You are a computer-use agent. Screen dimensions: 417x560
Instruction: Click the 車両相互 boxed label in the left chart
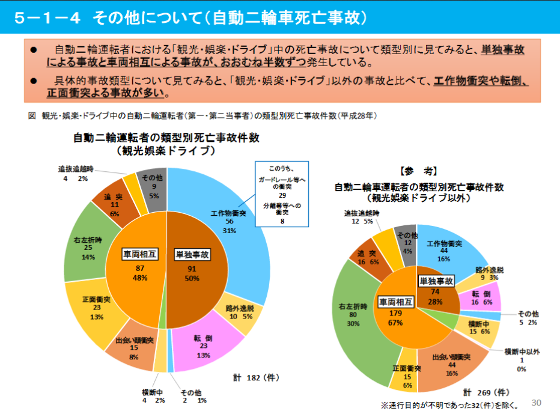coord(140,254)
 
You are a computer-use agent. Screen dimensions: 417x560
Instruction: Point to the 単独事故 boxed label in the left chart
coord(192,254)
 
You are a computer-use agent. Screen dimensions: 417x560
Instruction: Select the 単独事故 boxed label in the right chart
coord(436,281)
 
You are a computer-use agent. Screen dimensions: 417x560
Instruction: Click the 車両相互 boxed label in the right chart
coord(394,300)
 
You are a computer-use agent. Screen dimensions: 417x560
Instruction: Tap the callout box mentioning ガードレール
coord(282,193)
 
